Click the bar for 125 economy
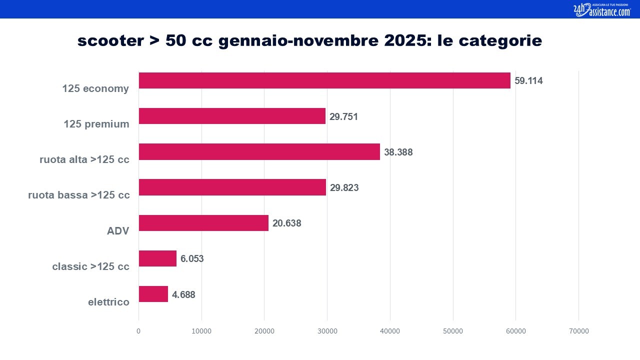(324, 80)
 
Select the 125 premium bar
(232, 116)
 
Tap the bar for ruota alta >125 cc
(259, 151)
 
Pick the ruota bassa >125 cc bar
(232, 187)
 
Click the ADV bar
(203, 223)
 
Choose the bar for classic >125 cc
(157, 258)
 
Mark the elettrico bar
(153, 294)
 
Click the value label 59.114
(528, 81)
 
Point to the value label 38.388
(398, 152)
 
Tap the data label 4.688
(183, 294)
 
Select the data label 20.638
(287, 223)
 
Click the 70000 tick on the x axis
(579, 331)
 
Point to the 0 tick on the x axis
(138, 331)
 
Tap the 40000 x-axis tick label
(390, 331)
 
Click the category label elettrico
(108, 302)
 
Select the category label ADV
(118, 231)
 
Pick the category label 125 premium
(96, 124)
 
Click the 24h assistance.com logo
(602, 9)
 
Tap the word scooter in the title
(110, 40)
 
